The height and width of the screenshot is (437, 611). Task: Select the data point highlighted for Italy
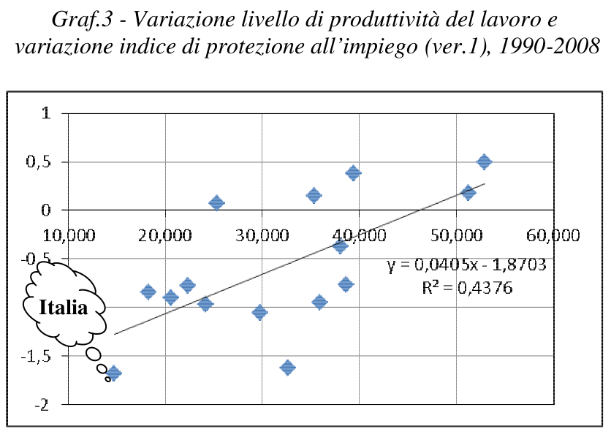(113, 373)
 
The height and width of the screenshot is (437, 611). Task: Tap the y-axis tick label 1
(47, 113)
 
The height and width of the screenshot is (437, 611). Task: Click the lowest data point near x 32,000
(287, 367)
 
